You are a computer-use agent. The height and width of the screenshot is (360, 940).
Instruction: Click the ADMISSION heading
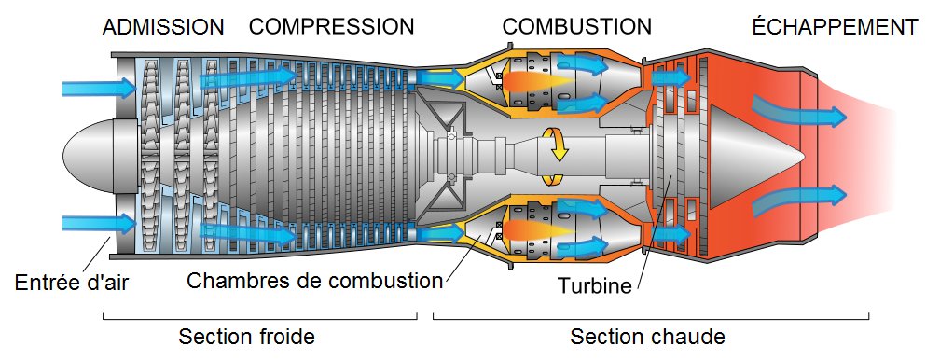(x=163, y=27)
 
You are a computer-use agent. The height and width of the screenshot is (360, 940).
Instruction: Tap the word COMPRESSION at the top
(x=332, y=27)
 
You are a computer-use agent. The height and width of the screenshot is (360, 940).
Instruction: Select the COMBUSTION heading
(x=576, y=27)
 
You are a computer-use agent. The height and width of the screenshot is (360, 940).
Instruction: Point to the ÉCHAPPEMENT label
(x=836, y=26)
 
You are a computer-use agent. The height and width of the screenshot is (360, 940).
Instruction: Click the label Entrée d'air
(x=71, y=283)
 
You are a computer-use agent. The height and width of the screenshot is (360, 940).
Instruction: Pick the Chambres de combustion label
(x=315, y=280)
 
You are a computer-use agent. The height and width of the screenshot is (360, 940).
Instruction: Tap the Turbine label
(x=595, y=285)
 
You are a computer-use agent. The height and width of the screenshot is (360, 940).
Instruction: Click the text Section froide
(x=246, y=337)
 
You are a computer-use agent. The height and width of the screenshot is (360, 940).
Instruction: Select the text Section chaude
(x=647, y=337)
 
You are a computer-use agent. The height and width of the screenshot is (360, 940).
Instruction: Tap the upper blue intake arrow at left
(x=99, y=88)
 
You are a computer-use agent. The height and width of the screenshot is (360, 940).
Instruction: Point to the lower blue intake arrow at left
(x=99, y=224)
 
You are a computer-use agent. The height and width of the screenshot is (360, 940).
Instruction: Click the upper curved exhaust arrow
(x=797, y=112)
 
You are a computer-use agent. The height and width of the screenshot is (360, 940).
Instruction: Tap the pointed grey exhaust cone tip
(x=802, y=156)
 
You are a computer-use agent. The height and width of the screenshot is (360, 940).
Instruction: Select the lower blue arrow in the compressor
(x=247, y=233)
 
